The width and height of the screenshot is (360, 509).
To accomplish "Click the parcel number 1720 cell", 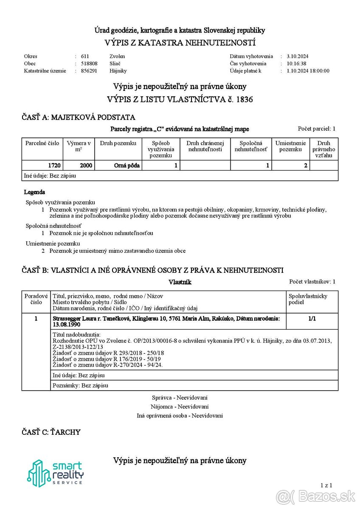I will [55, 165].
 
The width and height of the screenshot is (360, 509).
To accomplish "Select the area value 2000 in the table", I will [86, 165].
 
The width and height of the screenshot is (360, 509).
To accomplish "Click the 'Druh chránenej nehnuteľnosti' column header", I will [205, 146].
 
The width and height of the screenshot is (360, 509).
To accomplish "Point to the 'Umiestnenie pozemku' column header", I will [290, 146].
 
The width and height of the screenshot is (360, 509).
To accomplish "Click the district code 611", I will [85, 56].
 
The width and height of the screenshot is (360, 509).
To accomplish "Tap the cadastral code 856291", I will [89, 71].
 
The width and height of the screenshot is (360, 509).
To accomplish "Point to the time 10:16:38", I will [296, 64].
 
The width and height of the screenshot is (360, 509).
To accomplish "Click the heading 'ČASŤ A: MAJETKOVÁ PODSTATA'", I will [79, 117].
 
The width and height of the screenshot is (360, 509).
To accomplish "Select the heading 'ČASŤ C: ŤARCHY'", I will [51, 432].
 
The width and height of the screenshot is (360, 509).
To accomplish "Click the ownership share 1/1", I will [312, 318].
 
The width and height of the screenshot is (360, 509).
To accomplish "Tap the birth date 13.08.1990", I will [66, 324].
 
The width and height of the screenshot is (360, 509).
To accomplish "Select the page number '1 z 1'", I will [326, 485].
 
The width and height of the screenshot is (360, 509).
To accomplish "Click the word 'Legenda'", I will [34, 192].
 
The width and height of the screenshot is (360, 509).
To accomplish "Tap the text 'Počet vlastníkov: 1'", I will [312, 281].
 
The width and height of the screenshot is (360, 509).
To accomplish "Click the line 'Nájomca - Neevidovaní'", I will [180, 406].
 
